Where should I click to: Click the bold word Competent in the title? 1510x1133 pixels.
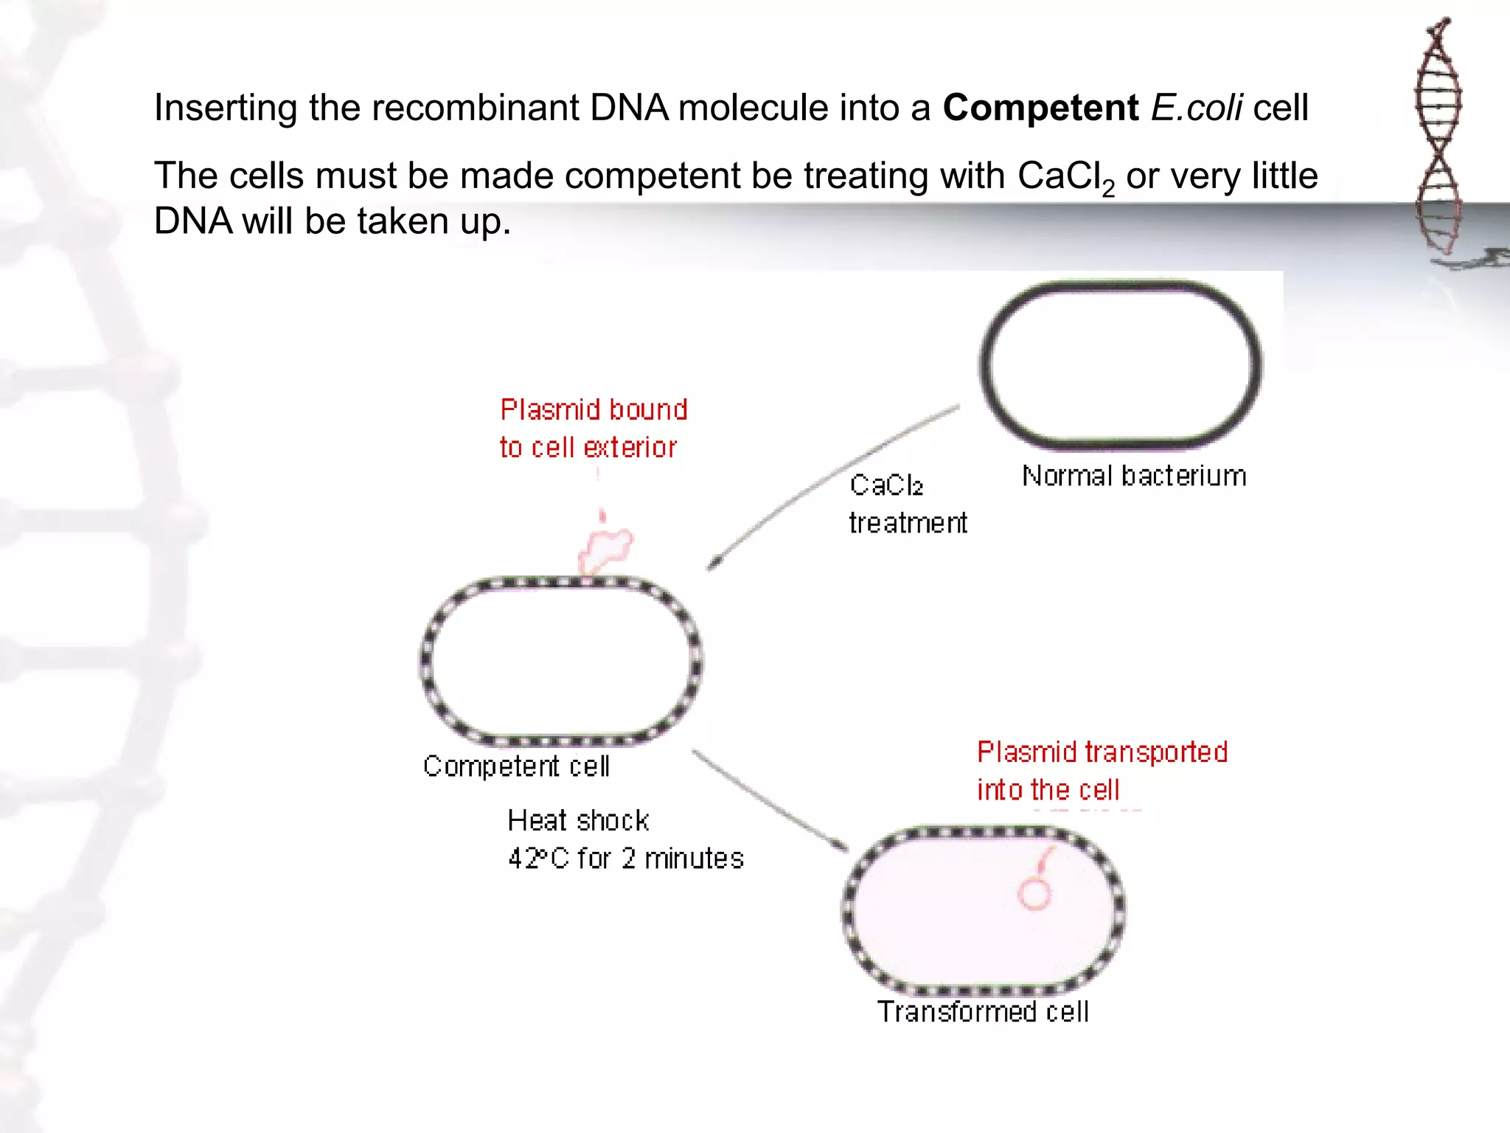[x=1040, y=108]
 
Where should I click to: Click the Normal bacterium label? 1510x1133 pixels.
[x=1133, y=476]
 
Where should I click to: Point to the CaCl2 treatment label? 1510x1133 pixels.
[x=907, y=504]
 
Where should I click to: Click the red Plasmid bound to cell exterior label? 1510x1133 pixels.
[x=593, y=429]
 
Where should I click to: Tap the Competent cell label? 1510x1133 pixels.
[x=516, y=766]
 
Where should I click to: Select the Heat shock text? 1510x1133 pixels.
[x=578, y=820]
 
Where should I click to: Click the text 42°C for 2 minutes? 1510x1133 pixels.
[x=625, y=859]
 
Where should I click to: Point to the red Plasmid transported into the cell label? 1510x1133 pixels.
[x=1102, y=771]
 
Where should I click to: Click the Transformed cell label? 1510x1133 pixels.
[x=983, y=1011]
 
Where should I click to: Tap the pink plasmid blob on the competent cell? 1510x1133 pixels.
[x=607, y=550]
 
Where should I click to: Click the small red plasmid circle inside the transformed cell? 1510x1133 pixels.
[x=1034, y=893]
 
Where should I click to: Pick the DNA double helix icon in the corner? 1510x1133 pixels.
[x=1438, y=136]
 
